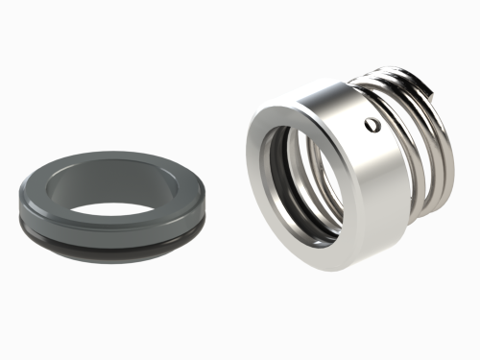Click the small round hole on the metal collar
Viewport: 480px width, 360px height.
click(372, 123)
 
